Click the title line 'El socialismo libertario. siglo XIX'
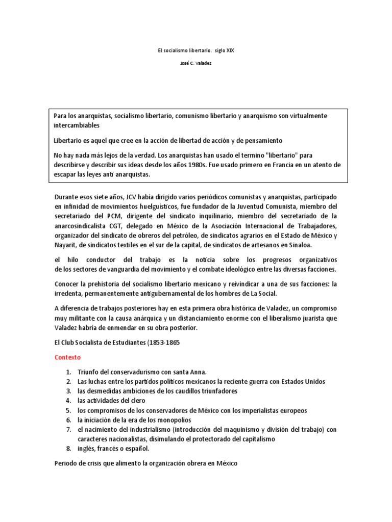(x=196, y=51)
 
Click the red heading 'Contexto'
(x=67, y=357)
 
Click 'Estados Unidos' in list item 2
(x=301, y=381)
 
